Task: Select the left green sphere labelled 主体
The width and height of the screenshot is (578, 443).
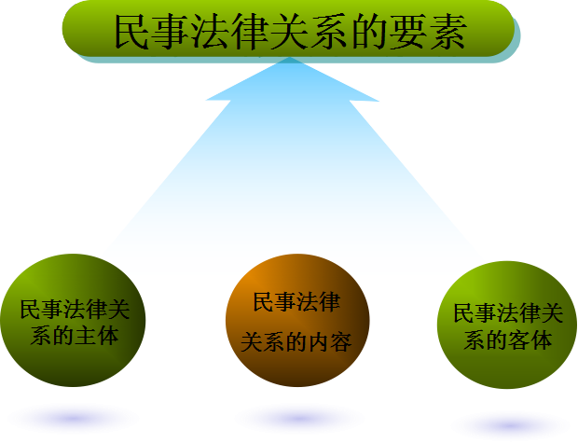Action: [74, 322]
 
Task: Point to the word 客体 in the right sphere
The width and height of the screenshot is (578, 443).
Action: [529, 339]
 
